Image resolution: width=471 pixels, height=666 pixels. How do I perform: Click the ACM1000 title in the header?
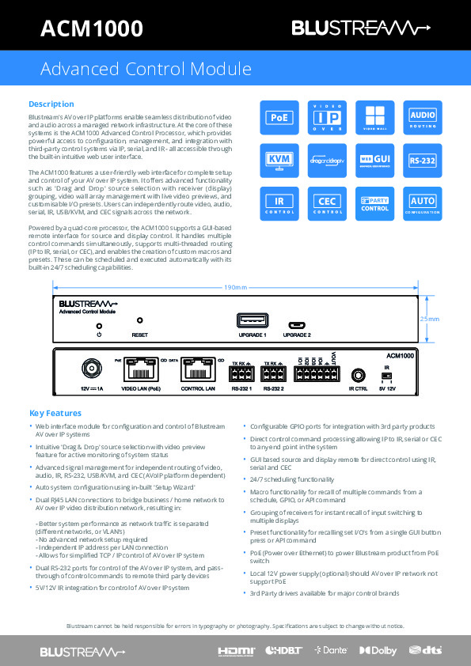92,29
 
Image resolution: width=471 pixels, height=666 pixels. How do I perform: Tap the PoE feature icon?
279,117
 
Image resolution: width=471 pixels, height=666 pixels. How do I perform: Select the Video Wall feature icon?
374,117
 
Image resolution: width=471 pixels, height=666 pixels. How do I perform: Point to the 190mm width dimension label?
235,286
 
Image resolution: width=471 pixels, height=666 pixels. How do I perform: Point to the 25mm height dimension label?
428,319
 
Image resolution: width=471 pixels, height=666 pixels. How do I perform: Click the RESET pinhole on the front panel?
140,321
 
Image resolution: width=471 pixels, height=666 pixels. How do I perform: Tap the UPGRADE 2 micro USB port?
298,324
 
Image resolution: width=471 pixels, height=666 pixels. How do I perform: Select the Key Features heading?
55,414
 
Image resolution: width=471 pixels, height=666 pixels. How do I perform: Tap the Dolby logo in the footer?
378,650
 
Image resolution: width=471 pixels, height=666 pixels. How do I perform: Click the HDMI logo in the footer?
237,650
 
